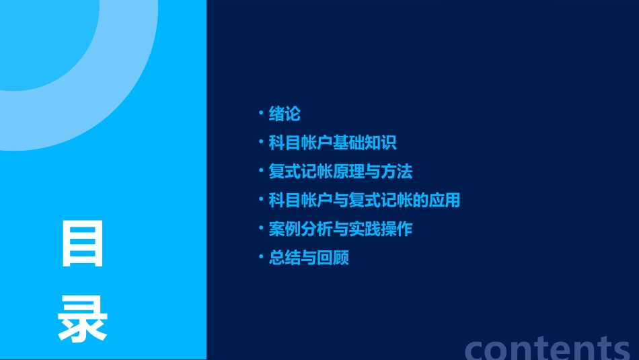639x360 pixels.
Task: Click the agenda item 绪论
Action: pyautogui.click(x=285, y=114)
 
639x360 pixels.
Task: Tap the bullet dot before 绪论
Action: pyautogui.click(x=261, y=112)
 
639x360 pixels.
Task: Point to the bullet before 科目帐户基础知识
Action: pyautogui.click(x=261, y=141)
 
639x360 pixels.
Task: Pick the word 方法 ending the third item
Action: pyautogui.click(x=396, y=172)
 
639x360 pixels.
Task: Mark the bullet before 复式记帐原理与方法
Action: pyautogui.click(x=261, y=170)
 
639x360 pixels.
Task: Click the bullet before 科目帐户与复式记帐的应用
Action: pyautogui.click(x=261, y=199)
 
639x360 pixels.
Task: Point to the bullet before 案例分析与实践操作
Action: pyautogui.click(x=261, y=228)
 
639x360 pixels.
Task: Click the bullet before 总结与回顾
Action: pyautogui.click(x=261, y=257)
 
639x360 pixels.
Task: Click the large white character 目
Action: pyautogui.click(x=83, y=244)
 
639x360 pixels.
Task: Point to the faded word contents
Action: pyautogui.click(x=548, y=347)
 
